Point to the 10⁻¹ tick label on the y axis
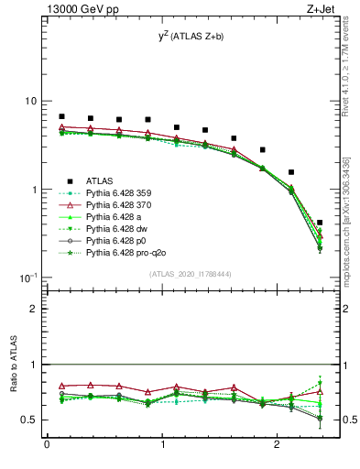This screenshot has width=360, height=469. click(x=29, y=278)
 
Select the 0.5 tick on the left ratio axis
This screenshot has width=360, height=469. click(x=30, y=420)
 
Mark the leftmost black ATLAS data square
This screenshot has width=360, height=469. click(x=61, y=117)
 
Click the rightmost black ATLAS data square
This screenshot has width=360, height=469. click(x=319, y=223)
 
